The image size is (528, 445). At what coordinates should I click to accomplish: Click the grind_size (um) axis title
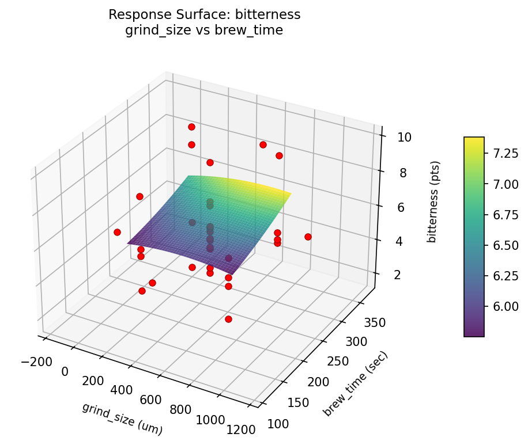click(x=122, y=419)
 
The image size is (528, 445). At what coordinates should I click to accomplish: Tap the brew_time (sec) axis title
click(x=356, y=383)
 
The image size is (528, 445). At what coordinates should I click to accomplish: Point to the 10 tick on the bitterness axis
click(x=404, y=137)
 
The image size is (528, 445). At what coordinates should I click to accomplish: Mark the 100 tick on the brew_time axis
click(x=278, y=424)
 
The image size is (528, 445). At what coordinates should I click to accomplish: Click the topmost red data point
click(x=191, y=127)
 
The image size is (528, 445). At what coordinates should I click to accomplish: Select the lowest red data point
click(x=228, y=319)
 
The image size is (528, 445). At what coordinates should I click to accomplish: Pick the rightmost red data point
click(x=308, y=237)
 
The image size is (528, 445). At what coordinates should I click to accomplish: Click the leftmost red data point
click(x=117, y=232)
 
